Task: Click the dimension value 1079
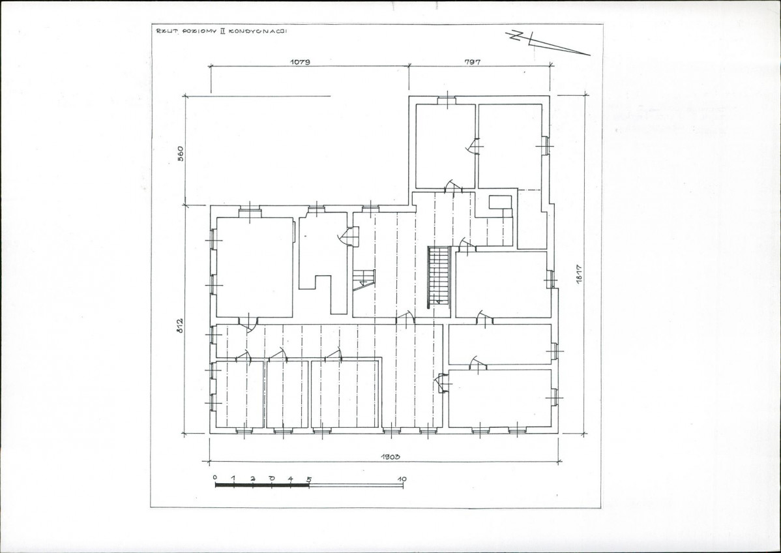[x=300, y=62]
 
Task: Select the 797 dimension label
[x=472, y=62]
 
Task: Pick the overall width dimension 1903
[x=391, y=456]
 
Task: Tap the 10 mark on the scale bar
[x=402, y=479]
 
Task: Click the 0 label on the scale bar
[x=215, y=478]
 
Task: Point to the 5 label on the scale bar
[x=309, y=479]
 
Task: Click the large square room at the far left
[x=255, y=267]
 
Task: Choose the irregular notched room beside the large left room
[x=323, y=262]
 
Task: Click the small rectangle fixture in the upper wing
[x=499, y=202]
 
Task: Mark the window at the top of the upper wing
[x=447, y=100]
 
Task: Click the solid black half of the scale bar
[x=262, y=485]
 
